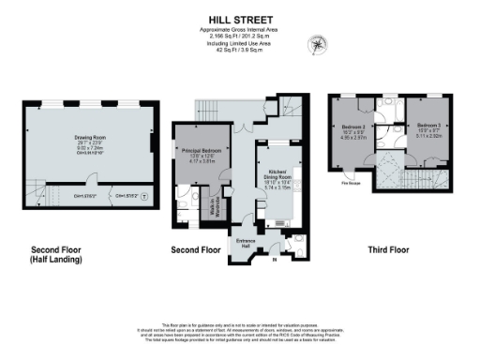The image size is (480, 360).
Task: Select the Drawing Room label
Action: pyautogui.click(x=90, y=137)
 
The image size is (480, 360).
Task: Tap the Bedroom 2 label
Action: pyautogui.click(x=352, y=127)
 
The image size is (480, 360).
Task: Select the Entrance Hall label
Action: pyautogui.click(x=246, y=241)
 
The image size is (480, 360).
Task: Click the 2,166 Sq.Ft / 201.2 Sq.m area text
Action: pyautogui.click(x=239, y=36)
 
